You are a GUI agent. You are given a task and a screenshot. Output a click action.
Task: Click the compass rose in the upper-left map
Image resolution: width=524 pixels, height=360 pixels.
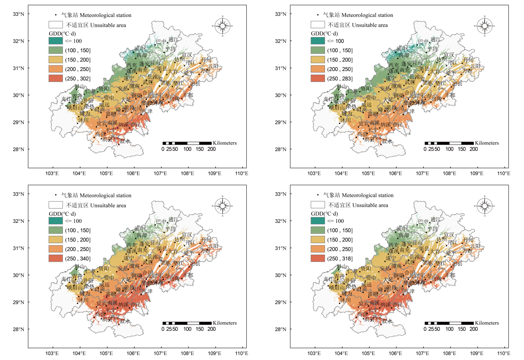[223, 26]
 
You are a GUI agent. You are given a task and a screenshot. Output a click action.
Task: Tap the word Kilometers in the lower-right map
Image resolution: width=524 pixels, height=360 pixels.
[487, 323]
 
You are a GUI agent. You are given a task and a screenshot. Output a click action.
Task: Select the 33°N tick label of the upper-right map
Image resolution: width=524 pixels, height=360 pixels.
[281, 14]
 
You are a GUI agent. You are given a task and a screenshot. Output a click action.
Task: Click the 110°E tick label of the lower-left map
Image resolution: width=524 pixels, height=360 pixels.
[241, 353]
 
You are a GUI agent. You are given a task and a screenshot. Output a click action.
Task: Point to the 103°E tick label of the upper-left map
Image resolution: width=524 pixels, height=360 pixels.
[52, 173]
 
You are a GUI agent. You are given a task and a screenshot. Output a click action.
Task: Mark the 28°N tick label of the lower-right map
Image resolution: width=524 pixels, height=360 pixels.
[281, 329]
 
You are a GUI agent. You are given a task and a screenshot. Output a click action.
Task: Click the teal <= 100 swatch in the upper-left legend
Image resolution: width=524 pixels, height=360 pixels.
[56, 41]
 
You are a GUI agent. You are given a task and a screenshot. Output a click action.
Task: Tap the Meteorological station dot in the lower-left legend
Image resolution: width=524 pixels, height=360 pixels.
[56, 195]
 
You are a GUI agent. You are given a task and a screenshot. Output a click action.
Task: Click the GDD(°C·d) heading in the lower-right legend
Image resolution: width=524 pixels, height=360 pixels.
[325, 213]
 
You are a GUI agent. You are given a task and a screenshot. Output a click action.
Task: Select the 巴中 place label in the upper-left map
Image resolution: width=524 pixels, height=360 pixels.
[161, 41]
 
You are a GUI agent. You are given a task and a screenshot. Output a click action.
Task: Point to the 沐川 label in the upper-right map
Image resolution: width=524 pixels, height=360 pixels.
[345, 120]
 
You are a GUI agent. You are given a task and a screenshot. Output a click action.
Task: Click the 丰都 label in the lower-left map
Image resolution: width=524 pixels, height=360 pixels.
[188, 275]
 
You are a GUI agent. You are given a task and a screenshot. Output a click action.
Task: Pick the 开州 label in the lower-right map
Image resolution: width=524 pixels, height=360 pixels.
[468, 240]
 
